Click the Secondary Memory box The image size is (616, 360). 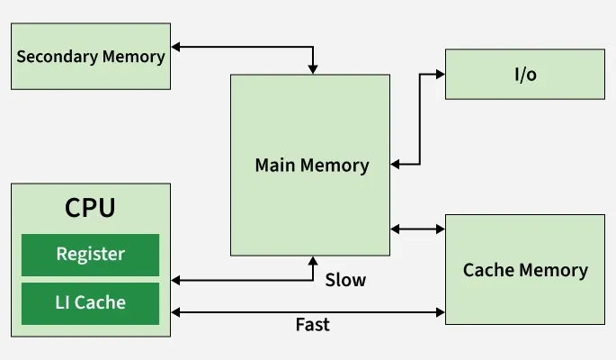[x=90, y=56]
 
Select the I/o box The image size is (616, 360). [x=525, y=74]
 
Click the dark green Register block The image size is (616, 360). [x=90, y=255]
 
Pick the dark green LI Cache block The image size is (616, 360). [x=90, y=303]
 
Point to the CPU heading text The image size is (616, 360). [x=90, y=208]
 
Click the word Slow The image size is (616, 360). [x=345, y=280]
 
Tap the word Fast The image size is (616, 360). [x=312, y=325]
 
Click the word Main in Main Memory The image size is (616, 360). [x=276, y=166]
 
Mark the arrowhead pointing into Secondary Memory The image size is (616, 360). [x=176, y=45]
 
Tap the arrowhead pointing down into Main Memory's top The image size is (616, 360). [x=313, y=68]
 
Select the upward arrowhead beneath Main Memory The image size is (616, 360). [x=313, y=262]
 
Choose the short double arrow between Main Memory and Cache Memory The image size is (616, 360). [x=418, y=229]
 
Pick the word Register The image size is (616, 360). [x=90, y=254]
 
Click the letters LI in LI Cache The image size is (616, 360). [x=64, y=303]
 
